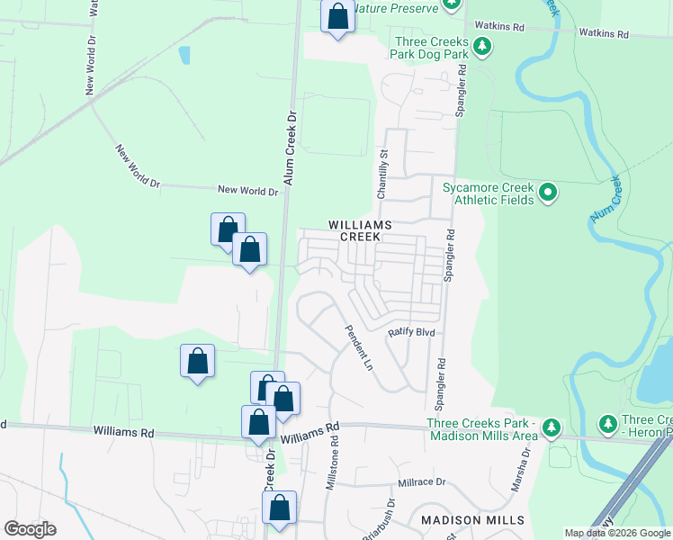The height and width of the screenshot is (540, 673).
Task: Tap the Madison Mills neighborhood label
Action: click(x=472, y=521)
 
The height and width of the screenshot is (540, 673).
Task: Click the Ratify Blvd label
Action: click(x=411, y=332)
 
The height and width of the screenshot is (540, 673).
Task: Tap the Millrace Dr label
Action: click(x=422, y=482)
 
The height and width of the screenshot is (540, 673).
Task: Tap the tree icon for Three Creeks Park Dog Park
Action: click(x=482, y=46)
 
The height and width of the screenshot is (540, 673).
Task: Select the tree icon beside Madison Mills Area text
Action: click(x=552, y=427)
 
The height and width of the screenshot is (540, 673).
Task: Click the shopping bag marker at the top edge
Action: click(x=337, y=17)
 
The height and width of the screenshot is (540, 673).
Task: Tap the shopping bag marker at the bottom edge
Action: click(x=279, y=508)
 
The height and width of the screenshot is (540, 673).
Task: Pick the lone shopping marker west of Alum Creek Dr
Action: click(x=197, y=362)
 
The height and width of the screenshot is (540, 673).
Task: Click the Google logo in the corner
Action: click(x=30, y=529)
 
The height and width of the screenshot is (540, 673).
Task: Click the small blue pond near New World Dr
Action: click(x=184, y=55)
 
